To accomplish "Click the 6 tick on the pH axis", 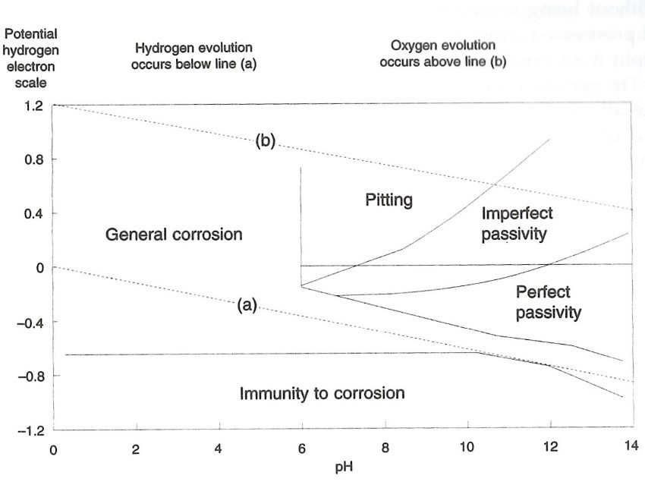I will click(302, 448).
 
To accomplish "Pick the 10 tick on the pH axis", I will click(468, 448).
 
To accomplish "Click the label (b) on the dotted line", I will click(265, 143).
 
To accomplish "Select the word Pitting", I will click(389, 200).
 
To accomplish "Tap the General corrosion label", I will click(174, 235).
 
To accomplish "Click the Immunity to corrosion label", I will click(322, 394).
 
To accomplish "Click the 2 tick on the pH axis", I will click(136, 448).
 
